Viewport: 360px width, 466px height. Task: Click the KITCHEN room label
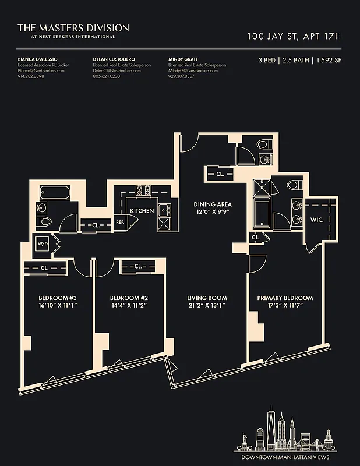tap(142, 211)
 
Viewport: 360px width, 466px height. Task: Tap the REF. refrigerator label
tap(120, 221)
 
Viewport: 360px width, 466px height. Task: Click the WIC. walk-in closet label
tap(317, 221)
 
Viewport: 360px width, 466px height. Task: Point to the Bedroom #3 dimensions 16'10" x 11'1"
tap(58, 305)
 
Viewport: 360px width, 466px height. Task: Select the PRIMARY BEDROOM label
tap(285, 298)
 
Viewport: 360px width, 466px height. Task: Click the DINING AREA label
tap(213, 204)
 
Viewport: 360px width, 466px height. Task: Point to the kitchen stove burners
tap(143, 190)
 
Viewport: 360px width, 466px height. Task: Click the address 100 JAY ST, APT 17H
tap(294, 37)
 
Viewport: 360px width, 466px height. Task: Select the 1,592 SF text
tap(329, 60)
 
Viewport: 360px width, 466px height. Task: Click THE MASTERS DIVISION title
tap(73, 27)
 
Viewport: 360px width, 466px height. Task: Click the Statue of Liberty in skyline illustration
tap(244, 439)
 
